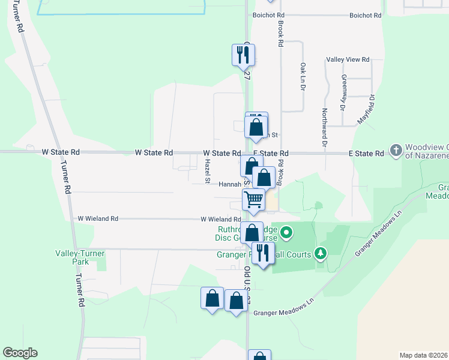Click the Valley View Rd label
348,60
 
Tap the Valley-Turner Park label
76,257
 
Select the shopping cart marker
254,199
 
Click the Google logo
20,353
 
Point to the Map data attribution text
424,355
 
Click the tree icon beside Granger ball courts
321,254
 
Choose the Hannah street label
229,185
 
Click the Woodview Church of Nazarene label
427,151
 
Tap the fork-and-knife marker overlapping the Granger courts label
262,253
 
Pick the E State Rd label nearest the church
366,154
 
